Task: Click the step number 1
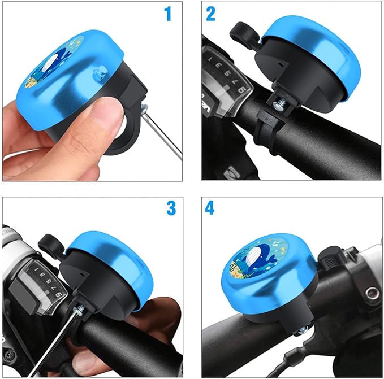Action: point(167,14)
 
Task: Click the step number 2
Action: point(210,14)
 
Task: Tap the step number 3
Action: point(171,208)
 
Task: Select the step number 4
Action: point(210,208)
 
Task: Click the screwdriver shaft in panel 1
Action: point(164,133)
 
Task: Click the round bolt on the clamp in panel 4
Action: point(372,293)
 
